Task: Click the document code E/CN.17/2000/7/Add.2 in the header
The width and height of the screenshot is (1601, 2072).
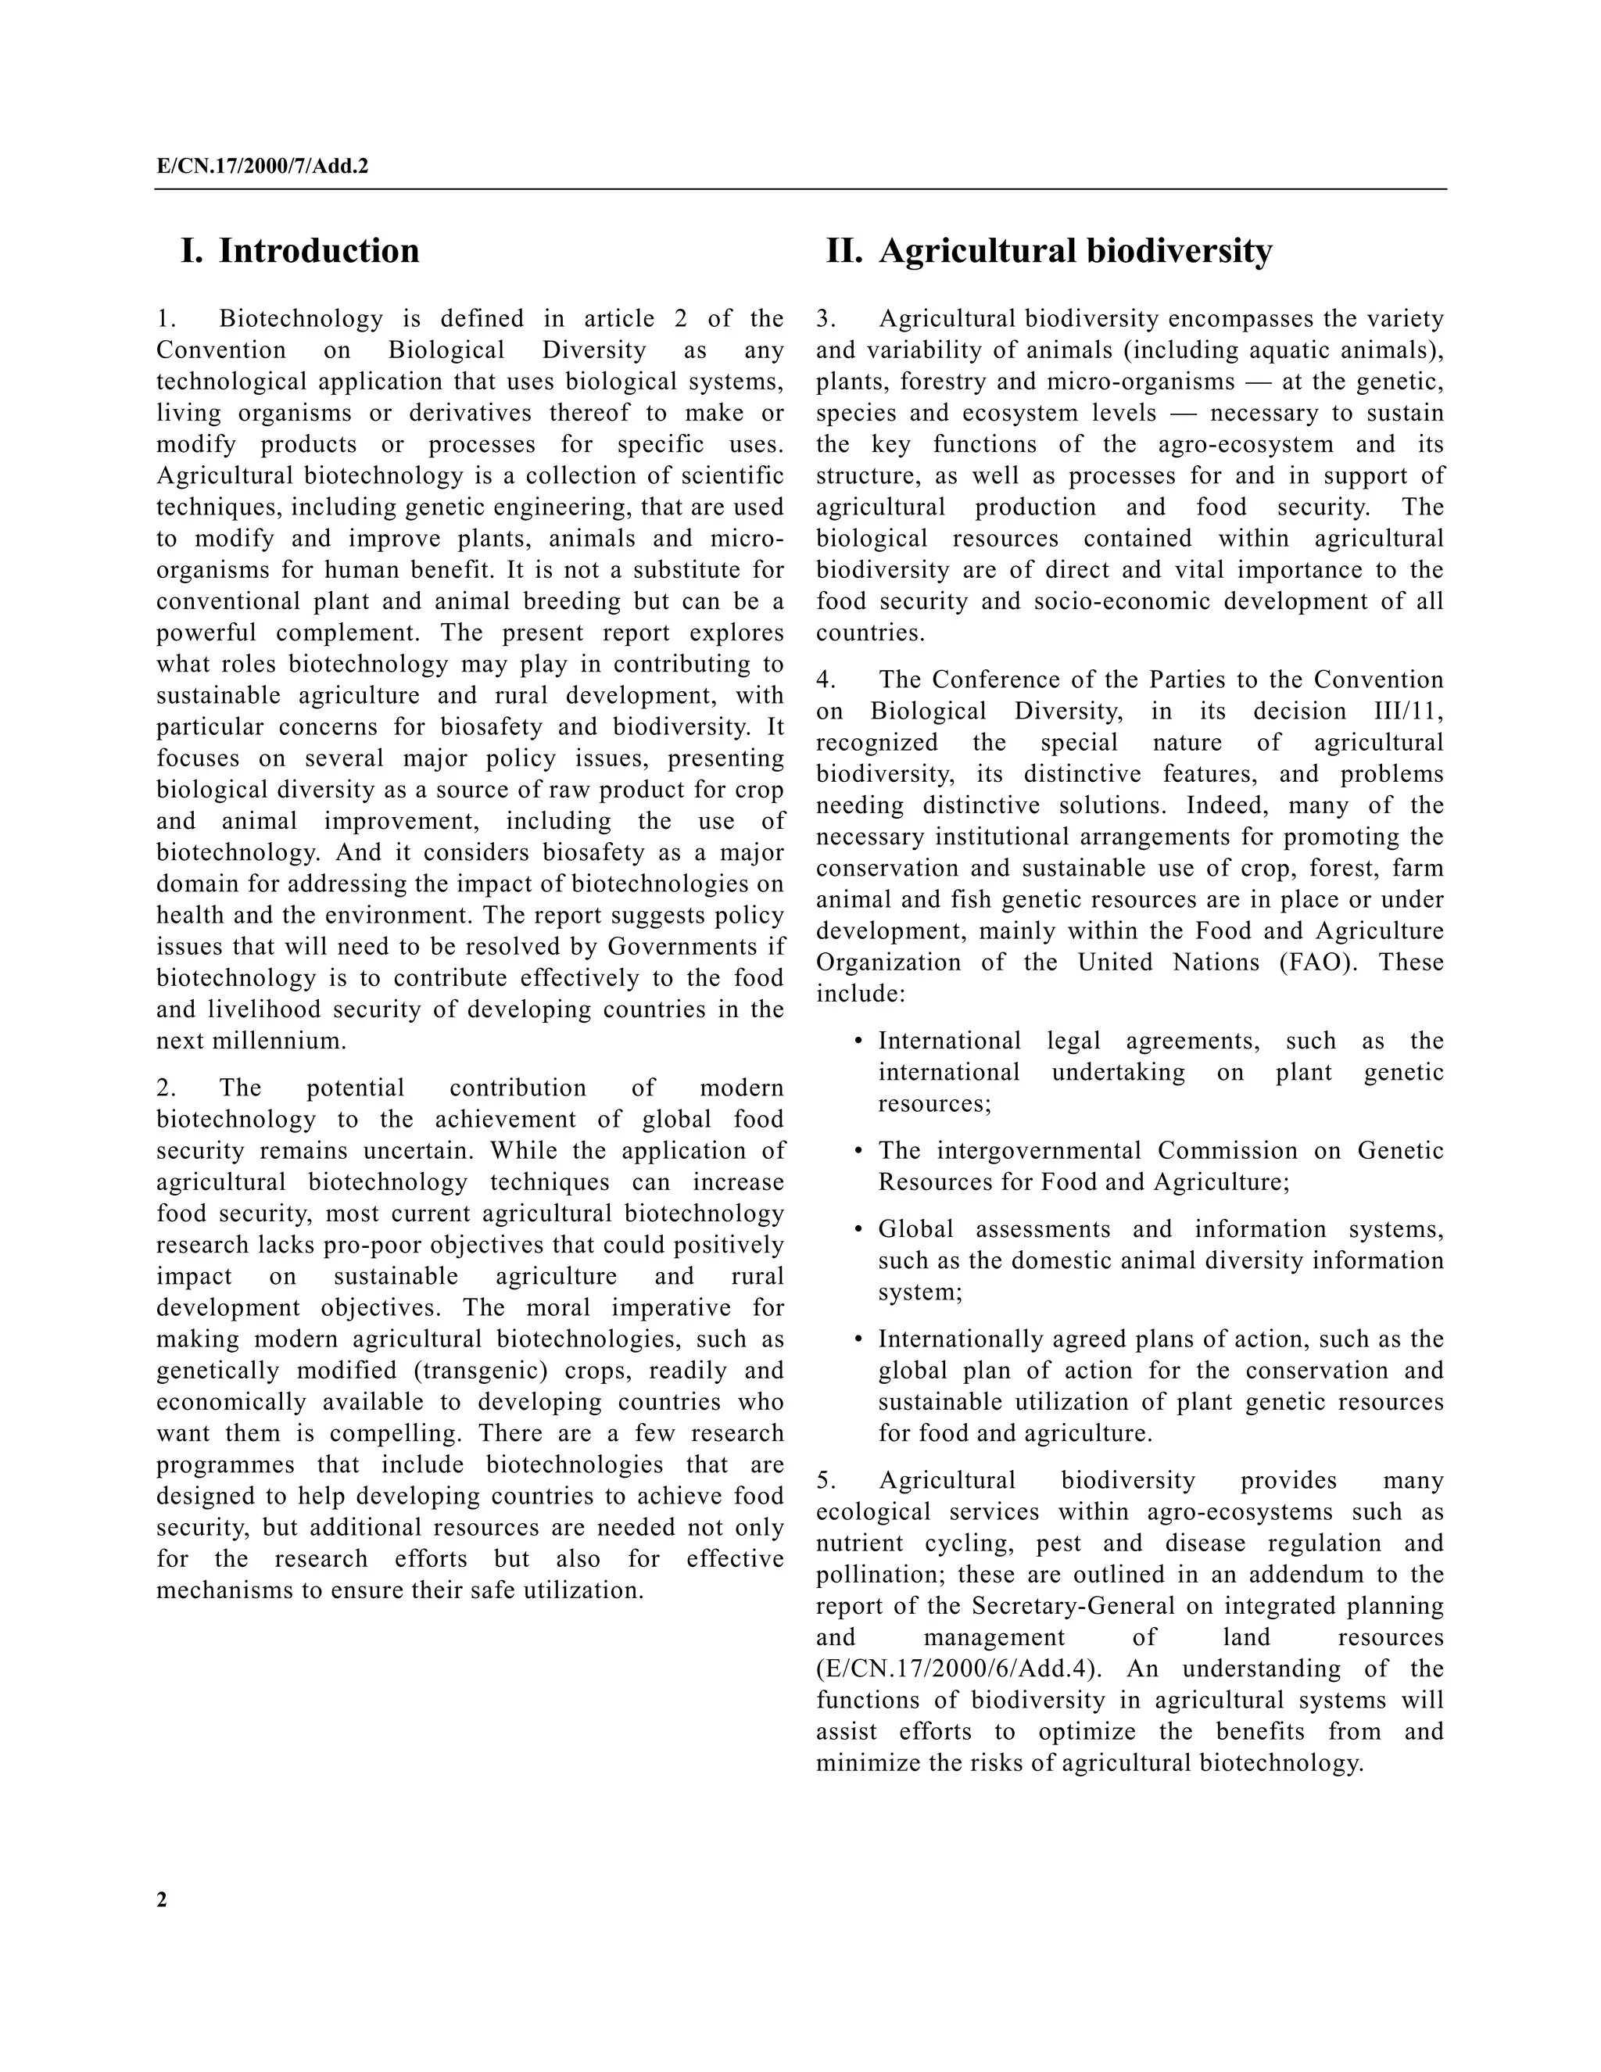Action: coord(263,167)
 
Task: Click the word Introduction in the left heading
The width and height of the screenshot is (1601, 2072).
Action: coord(319,252)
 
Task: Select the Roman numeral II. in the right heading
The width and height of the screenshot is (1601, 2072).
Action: coord(844,252)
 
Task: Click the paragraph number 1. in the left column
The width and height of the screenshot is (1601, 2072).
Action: coord(167,319)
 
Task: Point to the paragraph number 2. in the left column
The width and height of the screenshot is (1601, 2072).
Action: coord(167,1088)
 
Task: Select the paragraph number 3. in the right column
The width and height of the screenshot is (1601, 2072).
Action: coord(826,319)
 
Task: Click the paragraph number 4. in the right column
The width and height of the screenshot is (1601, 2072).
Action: coord(826,680)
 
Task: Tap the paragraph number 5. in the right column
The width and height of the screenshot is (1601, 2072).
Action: coord(826,1481)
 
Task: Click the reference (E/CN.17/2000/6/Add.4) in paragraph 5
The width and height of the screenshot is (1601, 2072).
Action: coord(959,1669)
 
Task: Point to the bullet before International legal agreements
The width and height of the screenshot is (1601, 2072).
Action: coord(858,1041)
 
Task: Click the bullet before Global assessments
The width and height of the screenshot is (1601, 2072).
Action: coord(858,1230)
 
